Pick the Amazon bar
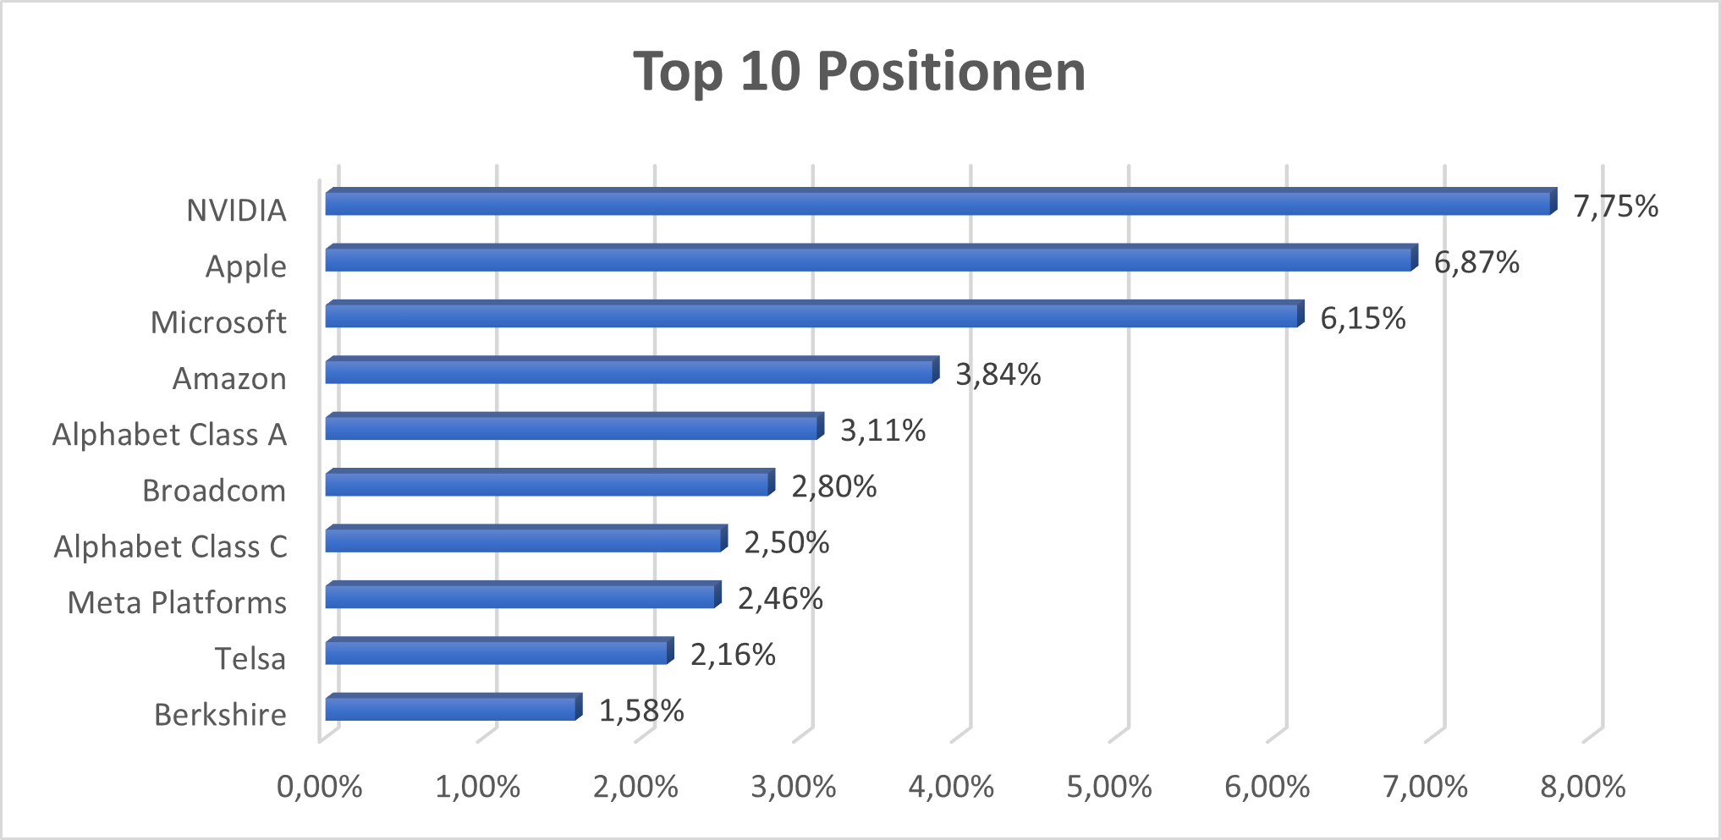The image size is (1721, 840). [x=630, y=371]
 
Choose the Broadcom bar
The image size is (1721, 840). [x=547, y=484]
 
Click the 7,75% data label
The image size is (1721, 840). [x=1615, y=206]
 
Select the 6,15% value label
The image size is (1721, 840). [x=1362, y=319]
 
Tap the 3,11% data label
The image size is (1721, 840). [x=882, y=431]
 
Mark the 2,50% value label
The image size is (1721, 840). [x=786, y=543]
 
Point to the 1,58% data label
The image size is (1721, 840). [x=641, y=711]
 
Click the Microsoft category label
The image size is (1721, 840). [x=218, y=322]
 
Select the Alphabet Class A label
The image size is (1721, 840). [x=169, y=435]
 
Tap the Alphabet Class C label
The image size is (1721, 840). [x=170, y=547]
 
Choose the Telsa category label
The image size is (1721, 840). [x=250, y=659]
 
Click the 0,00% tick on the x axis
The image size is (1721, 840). [x=319, y=788]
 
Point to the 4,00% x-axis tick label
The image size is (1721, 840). [x=951, y=788]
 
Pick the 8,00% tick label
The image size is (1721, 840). [x=1582, y=788]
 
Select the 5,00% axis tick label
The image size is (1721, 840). [x=1108, y=788]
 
